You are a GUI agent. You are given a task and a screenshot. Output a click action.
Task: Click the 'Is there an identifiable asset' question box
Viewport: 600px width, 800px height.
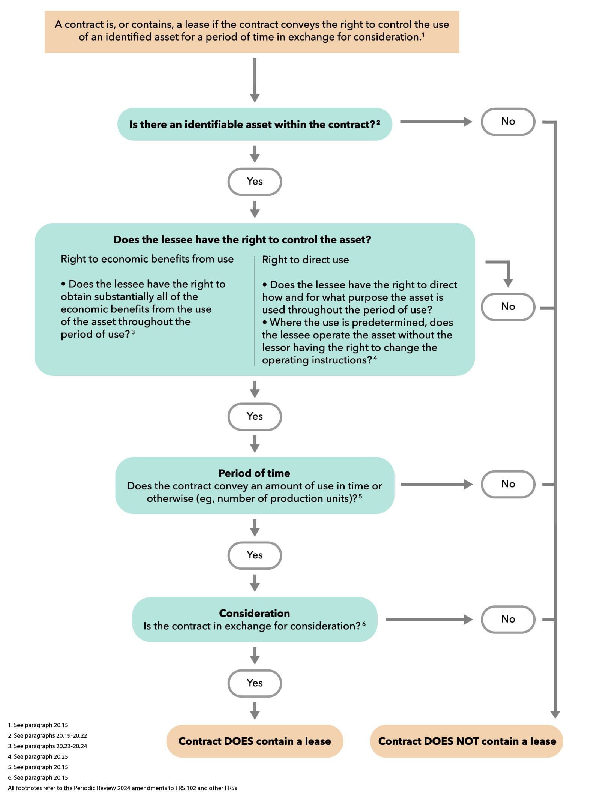(254, 124)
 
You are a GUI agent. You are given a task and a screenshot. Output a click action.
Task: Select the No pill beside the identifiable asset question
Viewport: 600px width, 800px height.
(508, 122)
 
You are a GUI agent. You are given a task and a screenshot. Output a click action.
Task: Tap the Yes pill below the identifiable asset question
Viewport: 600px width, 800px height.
(255, 182)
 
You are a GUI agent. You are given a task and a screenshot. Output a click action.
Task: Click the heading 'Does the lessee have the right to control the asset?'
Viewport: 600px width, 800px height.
(242, 239)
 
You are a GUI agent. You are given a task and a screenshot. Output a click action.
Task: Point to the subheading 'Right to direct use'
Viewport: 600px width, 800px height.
(305, 260)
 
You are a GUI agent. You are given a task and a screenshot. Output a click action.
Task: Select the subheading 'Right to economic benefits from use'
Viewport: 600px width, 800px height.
(147, 259)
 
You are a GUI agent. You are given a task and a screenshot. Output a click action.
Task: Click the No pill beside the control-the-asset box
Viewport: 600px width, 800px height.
(508, 307)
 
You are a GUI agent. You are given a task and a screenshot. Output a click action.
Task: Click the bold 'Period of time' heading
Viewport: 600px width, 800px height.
(254, 473)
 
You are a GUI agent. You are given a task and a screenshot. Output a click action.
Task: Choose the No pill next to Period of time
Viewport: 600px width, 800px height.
(508, 484)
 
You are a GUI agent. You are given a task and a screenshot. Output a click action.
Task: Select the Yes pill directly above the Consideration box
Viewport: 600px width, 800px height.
(255, 555)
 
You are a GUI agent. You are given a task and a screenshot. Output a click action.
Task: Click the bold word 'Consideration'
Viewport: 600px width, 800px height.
(254, 613)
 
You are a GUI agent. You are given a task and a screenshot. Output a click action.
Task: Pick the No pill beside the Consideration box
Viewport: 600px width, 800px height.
(508, 619)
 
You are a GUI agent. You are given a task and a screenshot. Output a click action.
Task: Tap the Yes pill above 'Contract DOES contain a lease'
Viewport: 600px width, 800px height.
(255, 683)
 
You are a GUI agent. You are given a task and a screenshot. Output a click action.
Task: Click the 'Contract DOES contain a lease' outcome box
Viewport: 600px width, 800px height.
(255, 741)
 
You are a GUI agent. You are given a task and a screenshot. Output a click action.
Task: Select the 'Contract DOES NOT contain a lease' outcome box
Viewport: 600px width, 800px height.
(466, 741)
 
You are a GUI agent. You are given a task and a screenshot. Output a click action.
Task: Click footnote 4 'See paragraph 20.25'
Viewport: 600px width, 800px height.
(38, 756)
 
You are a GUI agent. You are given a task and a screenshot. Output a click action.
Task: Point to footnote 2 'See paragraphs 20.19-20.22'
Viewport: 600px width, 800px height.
(47, 735)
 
